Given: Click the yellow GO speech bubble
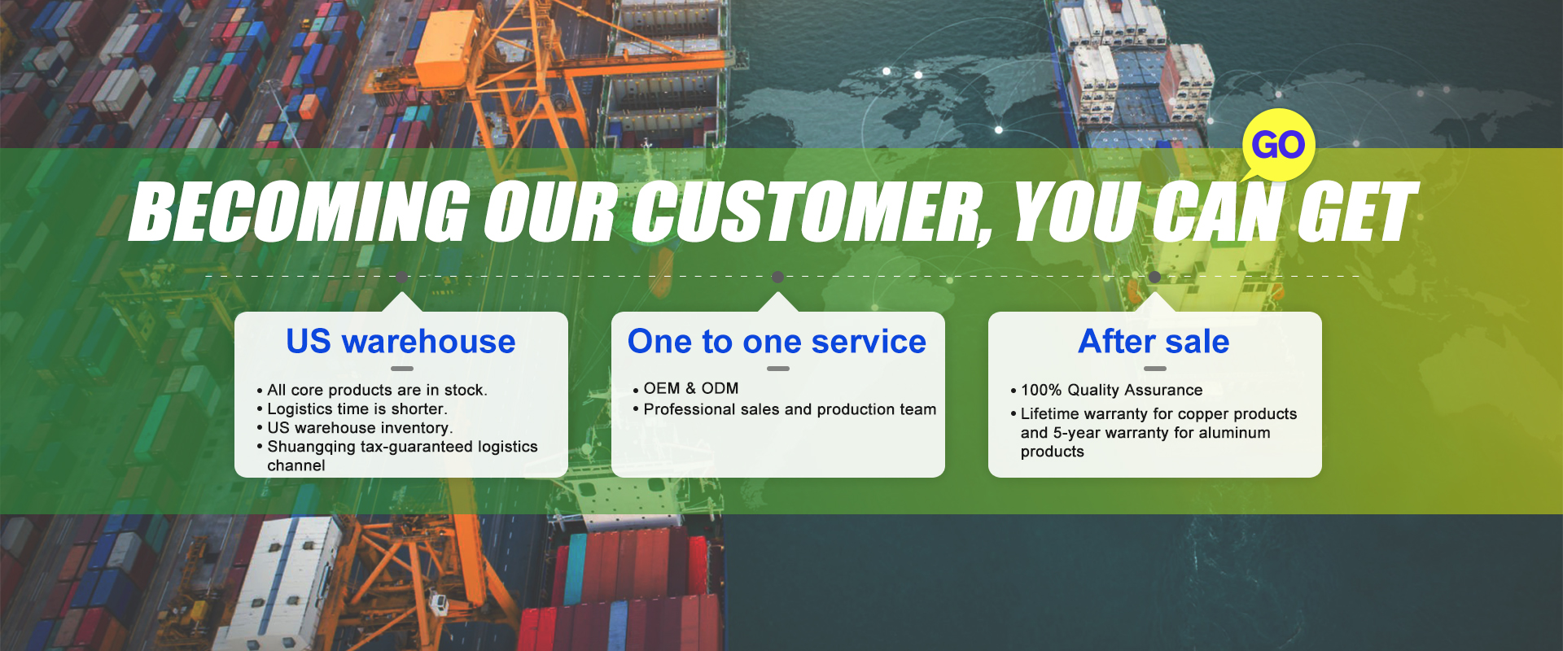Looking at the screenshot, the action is [x=1278, y=145].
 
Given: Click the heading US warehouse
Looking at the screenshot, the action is [x=401, y=342].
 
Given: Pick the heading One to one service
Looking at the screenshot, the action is [x=777, y=342].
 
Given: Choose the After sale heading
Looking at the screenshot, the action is [x=1154, y=342].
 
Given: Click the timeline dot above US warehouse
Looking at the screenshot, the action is [x=401, y=277].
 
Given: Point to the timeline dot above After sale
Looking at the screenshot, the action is [x=1154, y=277].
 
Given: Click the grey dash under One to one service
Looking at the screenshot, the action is [x=778, y=369].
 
